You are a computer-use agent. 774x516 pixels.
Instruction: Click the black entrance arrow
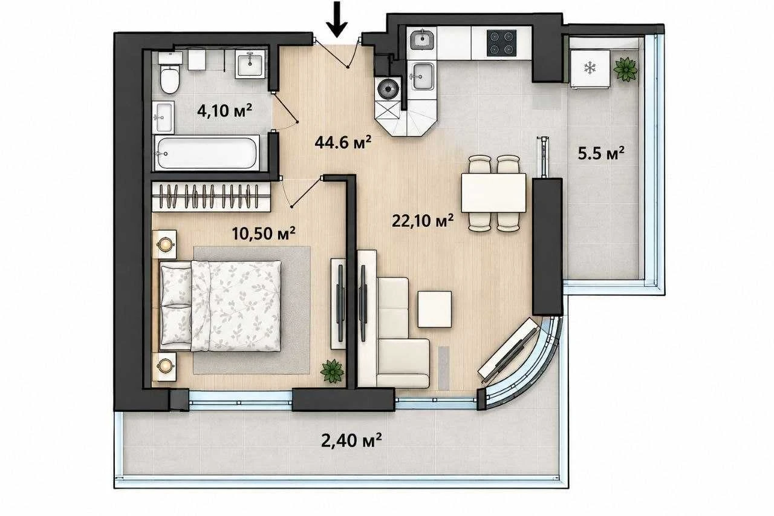pos(337,19)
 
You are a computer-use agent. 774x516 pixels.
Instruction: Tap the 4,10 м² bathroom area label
pos(224,111)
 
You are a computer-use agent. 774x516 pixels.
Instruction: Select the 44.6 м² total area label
pos(343,142)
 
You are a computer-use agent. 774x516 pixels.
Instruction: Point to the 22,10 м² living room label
pos(423,221)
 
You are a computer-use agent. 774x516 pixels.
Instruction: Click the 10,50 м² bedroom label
pos(263,234)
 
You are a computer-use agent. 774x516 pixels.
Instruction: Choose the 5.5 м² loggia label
pos(601,154)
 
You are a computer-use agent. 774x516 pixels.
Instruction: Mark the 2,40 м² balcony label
pos(351,440)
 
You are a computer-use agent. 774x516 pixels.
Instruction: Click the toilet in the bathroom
pos(170,73)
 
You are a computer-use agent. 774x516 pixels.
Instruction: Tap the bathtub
pos(207,153)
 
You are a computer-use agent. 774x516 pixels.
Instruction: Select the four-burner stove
pos(502,43)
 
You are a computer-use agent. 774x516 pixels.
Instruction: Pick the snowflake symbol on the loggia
pos(590,68)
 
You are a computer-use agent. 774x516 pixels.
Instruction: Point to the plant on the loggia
pos(625,69)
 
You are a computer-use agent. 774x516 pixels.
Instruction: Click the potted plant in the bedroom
pos(332,371)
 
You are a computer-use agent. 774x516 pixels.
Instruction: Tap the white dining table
pos(493,193)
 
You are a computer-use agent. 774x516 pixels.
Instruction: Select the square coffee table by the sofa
pos(434,309)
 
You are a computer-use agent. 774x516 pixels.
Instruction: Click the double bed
pos(221,306)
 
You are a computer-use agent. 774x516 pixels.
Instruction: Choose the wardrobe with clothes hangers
pos(211,197)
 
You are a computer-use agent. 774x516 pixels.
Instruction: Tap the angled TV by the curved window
pos(508,351)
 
